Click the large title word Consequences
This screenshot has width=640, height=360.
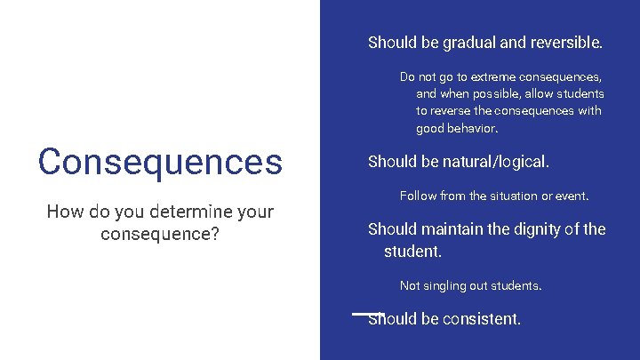click(160, 162)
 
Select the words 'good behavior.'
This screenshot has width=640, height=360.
click(457, 128)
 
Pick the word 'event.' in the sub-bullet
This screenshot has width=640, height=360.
click(572, 196)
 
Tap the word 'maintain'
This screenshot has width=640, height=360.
click(452, 228)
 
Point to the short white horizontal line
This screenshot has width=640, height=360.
click(368, 313)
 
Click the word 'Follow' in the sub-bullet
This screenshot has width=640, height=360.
click(419, 196)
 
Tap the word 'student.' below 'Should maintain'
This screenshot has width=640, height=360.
click(412, 252)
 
